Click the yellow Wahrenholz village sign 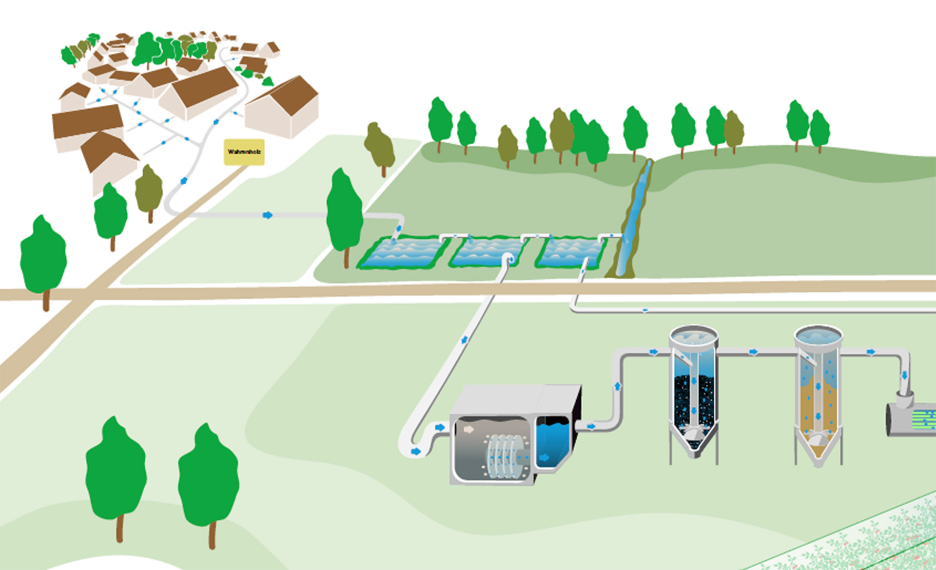[x=244, y=152]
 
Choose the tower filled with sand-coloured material [x=818, y=404]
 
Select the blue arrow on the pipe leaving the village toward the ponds [x=267, y=215]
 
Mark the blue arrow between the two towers [x=754, y=352]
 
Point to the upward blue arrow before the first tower [x=618, y=386]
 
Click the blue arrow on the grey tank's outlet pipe [x=591, y=427]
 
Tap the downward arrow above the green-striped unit [x=904, y=375]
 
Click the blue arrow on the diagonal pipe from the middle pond [x=465, y=340]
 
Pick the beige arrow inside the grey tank [x=468, y=429]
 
